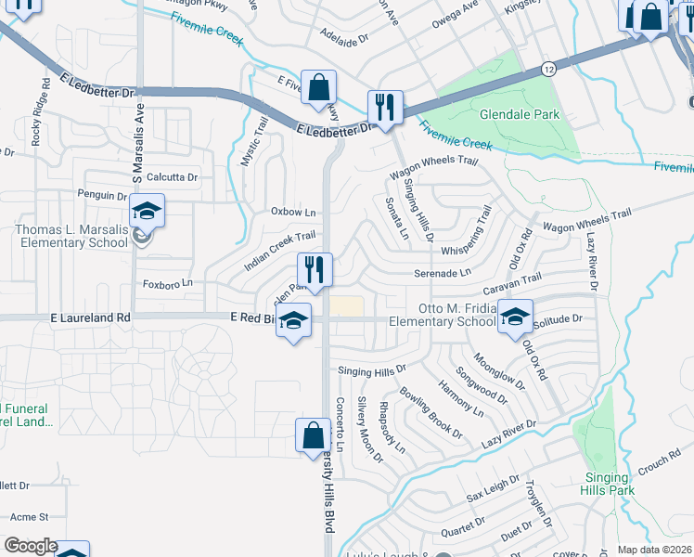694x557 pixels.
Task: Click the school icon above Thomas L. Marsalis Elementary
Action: click(x=147, y=213)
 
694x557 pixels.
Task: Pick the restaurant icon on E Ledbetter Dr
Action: click(x=383, y=107)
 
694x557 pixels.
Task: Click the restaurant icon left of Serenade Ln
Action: click(x=315, y=270)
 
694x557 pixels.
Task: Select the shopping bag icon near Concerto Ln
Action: click(x=313, y=435)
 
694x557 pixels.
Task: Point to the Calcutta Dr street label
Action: click(x=172, y=176)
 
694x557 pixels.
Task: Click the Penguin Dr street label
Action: click(x=103, y=196)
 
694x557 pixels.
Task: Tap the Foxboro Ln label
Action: click(x=167, y=282)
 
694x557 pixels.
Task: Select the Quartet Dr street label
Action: click(x=464, y=527)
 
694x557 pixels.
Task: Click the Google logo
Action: click(x=30, y=546)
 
